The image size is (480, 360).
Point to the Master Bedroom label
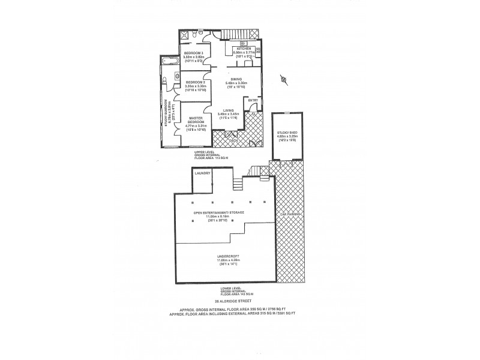(197, 119)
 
